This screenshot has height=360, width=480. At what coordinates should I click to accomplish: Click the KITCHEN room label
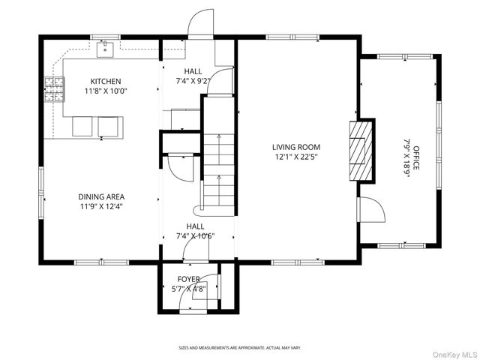point(106,82)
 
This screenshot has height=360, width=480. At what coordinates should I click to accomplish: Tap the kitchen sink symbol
point(105,50)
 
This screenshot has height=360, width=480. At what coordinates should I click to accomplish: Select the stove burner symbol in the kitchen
point(55,89)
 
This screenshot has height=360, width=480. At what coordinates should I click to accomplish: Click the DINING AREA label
point(101,196)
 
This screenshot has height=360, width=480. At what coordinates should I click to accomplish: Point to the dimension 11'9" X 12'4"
point(101,207)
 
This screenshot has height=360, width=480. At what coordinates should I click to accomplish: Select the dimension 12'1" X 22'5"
point(296,157)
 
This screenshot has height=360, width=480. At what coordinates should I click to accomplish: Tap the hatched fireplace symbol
point(361,151)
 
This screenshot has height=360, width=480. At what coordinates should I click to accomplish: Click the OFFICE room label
point(416,158)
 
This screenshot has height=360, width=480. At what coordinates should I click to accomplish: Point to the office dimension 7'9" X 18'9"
point(406,158)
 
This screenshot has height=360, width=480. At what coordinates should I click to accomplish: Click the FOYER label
point(189,279)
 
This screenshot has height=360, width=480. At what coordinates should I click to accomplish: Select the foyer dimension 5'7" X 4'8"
point(189,289)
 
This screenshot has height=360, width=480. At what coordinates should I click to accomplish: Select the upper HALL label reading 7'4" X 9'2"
point(193,76)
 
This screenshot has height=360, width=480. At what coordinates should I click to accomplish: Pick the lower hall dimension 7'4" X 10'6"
point(195,236)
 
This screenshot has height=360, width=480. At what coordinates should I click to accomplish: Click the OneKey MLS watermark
point(454,355)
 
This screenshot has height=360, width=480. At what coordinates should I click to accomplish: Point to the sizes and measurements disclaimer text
point(240,348)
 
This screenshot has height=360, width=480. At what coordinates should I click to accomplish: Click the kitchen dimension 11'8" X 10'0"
point(106,91)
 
